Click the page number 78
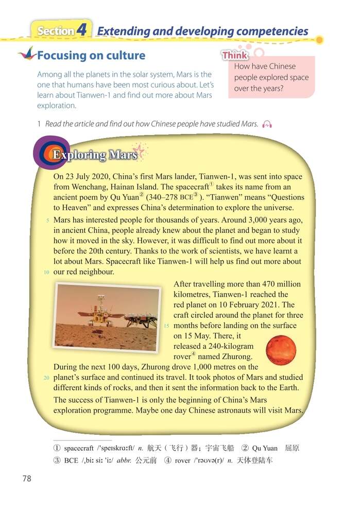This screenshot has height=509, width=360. coord(27,478)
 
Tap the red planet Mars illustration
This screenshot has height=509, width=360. coord(281,350)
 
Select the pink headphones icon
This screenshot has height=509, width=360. coord(267,124)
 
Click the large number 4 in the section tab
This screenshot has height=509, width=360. coord(82,30)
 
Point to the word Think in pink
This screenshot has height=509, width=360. coord(235,55)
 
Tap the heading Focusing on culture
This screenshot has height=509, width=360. coord(91,55)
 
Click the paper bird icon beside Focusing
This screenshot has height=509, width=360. coord(26,53)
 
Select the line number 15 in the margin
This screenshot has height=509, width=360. coord(166,326)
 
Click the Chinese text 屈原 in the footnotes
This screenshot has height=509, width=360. coord(292,448)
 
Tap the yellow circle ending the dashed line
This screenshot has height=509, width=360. coord(319,40)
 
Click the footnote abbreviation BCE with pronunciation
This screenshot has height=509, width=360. coord(71,460)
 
